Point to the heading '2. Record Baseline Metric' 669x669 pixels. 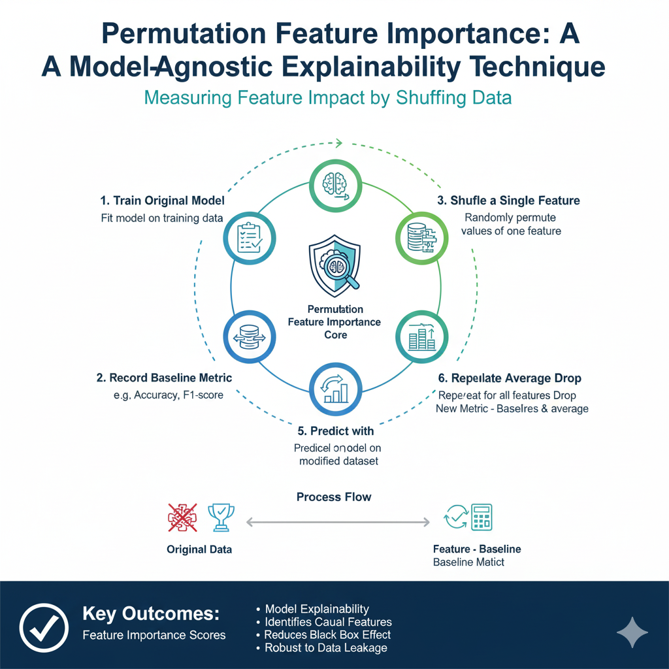(x=164, y=378)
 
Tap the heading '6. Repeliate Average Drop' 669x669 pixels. (x=508, y=378)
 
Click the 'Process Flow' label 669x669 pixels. (x=334, y=497)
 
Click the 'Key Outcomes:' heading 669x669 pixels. (x=151, y=614)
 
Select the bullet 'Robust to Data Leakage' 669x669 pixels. (x=325, y=647)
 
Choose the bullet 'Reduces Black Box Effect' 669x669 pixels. (x=327, y=634)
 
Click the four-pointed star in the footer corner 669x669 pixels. (x=632, y=632)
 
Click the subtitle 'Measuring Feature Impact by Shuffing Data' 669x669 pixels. (x=327, y=98)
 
